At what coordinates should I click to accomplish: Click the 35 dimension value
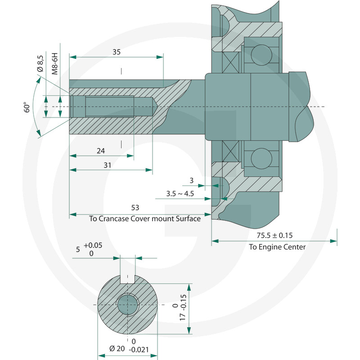pos(117,52)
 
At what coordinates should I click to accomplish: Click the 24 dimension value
pos(101,151)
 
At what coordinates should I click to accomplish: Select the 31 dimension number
pos(107,165)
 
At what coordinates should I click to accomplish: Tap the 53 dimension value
pos(135,207)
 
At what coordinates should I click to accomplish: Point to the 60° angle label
pos(27,107)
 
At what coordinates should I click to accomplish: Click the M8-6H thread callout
pos(54,63)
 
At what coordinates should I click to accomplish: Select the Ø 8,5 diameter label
pos(40,63)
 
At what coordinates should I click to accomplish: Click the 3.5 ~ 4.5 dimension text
pos(180,193)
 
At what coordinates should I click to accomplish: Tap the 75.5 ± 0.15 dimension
pos(274,235)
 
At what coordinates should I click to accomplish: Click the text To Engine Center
pos(277,247)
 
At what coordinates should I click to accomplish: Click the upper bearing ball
pos(261,54)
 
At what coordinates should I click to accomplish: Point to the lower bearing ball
pos(261,158)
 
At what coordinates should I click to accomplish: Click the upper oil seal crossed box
pos(231,63)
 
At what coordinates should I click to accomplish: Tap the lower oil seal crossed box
pos(231,151)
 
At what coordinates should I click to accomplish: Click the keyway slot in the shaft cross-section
pos(127,279)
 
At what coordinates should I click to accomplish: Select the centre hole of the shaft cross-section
pos(128,305)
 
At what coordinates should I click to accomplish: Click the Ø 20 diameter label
pos(117,348)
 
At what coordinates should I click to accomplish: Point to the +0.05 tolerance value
pos(93,245)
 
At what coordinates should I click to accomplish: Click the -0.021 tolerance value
pos(139,350)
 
